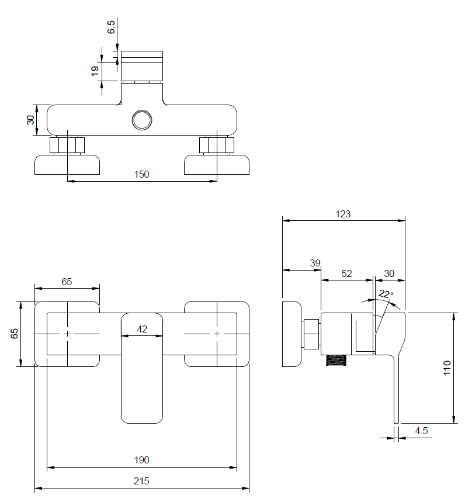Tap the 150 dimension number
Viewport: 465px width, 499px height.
point(142,174)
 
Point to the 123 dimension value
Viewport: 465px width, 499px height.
point(343,214)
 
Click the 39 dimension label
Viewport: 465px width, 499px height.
point(315,264)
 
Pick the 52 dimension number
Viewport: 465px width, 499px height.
point(346,273)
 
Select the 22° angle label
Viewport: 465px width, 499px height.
point(386,294)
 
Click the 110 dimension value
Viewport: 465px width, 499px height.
point(447,368)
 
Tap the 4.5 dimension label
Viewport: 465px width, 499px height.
point(421,431)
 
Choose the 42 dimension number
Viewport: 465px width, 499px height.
point(142,329)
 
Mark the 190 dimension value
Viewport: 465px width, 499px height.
point(141,460)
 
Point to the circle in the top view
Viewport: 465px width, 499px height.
point(142,120)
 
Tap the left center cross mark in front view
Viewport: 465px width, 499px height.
point(68,334)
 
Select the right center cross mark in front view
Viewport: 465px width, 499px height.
point(217,334)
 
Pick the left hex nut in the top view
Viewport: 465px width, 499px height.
point(68,144)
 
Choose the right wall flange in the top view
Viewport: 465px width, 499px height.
point(217,164)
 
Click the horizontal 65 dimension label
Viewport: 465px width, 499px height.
point(67,282)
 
